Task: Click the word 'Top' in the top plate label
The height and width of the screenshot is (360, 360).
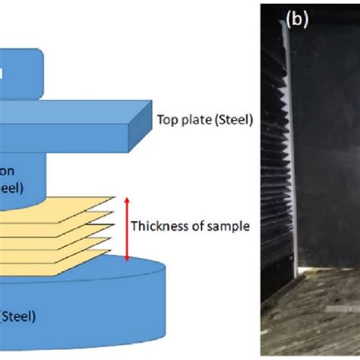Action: point(166,119)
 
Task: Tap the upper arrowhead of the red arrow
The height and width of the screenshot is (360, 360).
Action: point(125,199)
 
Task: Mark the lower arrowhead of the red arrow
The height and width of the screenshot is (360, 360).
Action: point(125,257)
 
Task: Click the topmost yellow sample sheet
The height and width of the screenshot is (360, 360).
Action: point(68,204)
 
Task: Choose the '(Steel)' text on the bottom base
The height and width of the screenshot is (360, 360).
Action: point(17,314)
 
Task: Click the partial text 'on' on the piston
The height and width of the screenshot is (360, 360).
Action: point(17,172)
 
